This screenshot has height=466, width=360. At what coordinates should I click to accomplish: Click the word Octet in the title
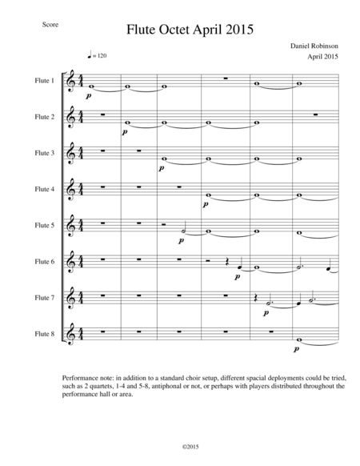click(181, 30)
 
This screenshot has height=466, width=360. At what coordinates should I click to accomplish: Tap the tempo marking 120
click(98, 56)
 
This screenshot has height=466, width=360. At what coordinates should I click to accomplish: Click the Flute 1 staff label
click(45, 81)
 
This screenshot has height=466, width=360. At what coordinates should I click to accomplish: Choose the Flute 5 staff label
click(45, 225)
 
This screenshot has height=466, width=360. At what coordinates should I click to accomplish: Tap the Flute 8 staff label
click(45, 332)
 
